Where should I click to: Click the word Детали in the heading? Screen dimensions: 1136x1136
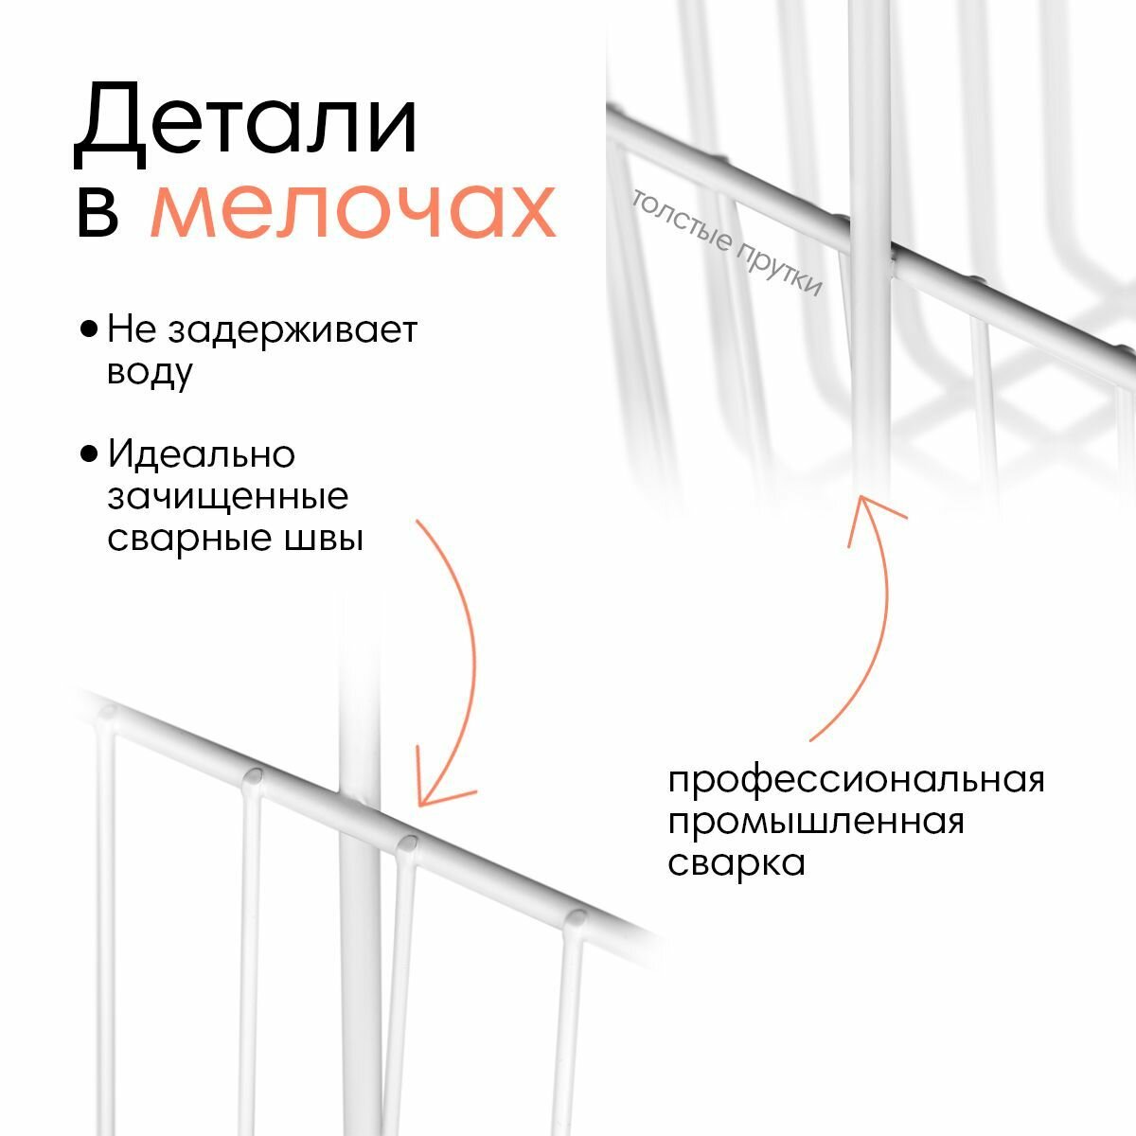[x=246, y=121]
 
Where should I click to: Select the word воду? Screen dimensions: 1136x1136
[x=150, y=372]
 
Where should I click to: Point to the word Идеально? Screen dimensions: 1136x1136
[x=202, y=455]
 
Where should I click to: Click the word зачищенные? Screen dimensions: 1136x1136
[x=228, y=497]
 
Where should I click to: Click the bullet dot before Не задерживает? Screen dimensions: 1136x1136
[x=90, y=330]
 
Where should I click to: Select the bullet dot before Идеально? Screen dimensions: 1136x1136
[x=90, y=455]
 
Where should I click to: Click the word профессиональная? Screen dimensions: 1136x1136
[x=856, y=782]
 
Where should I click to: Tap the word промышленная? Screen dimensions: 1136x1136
[x=816, y=822]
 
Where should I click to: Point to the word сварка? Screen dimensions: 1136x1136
[x=737, y=862]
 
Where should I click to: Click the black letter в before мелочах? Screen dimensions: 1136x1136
[x=98, y=212]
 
